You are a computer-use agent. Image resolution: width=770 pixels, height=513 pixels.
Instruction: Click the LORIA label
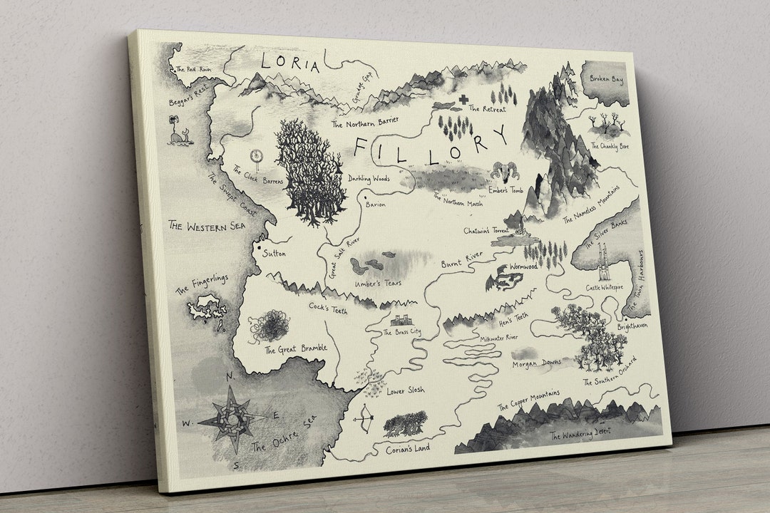pyautogui.click(x=290, y=63)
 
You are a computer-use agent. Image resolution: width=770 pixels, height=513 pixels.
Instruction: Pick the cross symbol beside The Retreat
pyautogui.click(x=463, y=100)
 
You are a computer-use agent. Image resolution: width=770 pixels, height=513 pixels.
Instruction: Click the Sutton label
pyautogui.click(x=274, y=252)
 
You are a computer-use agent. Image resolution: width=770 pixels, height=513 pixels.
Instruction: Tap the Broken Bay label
pyautogui.click(x=607, y=80)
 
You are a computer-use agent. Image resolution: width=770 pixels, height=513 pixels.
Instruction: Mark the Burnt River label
pyautogui.click(x=461, y=259)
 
